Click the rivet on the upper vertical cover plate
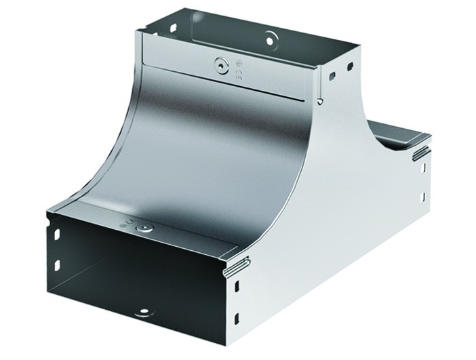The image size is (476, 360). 219,66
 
